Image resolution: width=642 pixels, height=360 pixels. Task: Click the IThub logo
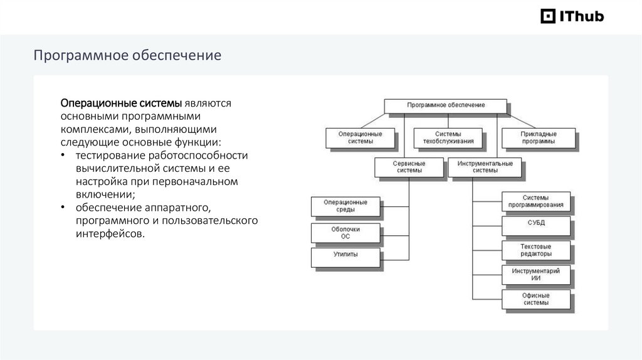coord(572,16)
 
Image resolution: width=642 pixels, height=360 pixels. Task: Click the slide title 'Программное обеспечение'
coord(127,55)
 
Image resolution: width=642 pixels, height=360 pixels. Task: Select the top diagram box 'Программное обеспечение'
coord(445,105)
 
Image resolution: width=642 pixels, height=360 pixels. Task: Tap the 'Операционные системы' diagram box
coord(360,137)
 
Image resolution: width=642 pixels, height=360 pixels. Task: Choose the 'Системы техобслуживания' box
coord(448,137)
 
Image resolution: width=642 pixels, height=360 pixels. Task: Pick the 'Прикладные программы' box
coord(538,137)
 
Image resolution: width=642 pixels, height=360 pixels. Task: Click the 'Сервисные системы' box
coord(408,167)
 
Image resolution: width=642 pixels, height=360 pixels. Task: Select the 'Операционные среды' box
coord(345,206)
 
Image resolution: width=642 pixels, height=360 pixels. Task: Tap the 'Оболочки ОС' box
coord(345,233)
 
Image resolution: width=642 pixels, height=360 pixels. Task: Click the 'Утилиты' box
coord(345,256)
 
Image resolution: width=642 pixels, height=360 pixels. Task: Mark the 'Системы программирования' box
coord(536,201)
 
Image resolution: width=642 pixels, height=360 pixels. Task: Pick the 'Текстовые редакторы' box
coord(536,250)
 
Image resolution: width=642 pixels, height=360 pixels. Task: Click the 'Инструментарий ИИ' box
coord(536,273)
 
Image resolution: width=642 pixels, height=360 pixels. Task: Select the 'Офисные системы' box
coord(536,299)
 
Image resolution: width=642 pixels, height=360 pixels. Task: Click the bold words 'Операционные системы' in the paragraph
coord(120,103)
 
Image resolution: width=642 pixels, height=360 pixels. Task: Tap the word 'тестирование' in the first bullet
coord(108,156)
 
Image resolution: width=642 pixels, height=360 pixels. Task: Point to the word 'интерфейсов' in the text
coord(109,235)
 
